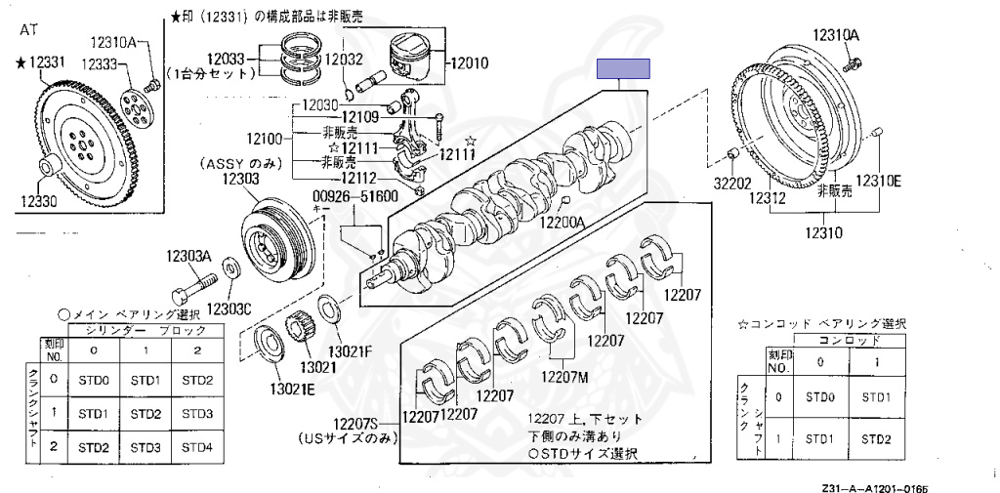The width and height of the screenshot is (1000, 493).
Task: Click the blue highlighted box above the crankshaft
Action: point(623,69)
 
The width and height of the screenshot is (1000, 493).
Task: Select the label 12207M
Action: point(563,376)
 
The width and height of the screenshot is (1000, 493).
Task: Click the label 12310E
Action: point(878,181)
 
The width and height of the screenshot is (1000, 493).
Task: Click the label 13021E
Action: point(267,389)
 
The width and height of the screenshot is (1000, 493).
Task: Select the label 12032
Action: point(344,59)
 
